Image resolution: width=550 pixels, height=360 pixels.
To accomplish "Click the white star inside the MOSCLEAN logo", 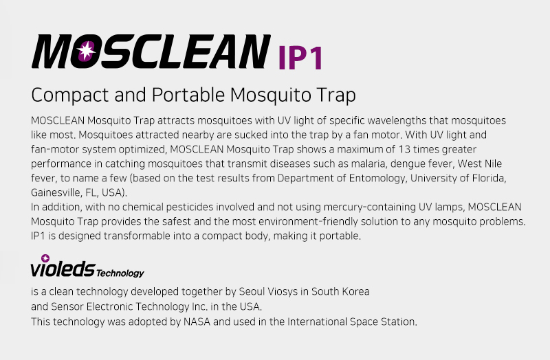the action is click(86, 51).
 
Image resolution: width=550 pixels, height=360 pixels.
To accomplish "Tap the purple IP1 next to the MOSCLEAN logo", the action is click(300, 58).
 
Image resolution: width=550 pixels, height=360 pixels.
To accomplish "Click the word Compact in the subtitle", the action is click(70, 95).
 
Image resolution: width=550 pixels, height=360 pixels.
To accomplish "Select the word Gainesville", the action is click(56, 193).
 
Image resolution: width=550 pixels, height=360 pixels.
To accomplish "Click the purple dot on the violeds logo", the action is click(45, 258).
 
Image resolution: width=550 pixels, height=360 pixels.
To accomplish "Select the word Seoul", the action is click(252, 292).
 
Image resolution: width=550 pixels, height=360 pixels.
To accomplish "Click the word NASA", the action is click(197, 322).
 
